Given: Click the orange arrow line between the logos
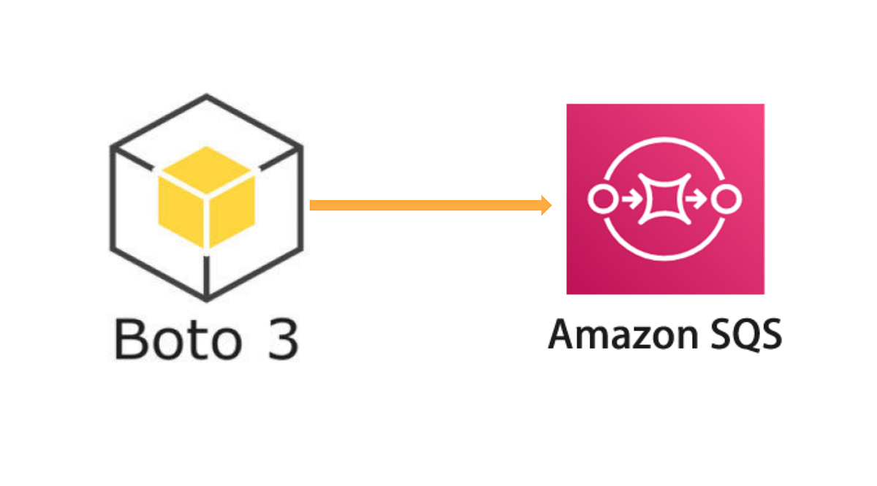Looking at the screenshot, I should (428, 205).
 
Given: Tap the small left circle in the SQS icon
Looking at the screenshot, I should (601, 198).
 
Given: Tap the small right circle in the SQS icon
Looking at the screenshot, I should (729, 198).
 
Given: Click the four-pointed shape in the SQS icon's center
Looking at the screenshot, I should (665, 198).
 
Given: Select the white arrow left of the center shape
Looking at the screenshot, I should (631, 198).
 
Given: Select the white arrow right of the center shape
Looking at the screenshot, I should (699, 198).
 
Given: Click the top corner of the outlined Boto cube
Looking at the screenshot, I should (207, 96).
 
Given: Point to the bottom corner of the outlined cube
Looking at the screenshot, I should (207, 299).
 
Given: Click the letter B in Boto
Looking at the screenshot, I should (131, 338).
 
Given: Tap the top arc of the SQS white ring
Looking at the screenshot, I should (665, 137).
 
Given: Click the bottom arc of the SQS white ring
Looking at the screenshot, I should (665, 259).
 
